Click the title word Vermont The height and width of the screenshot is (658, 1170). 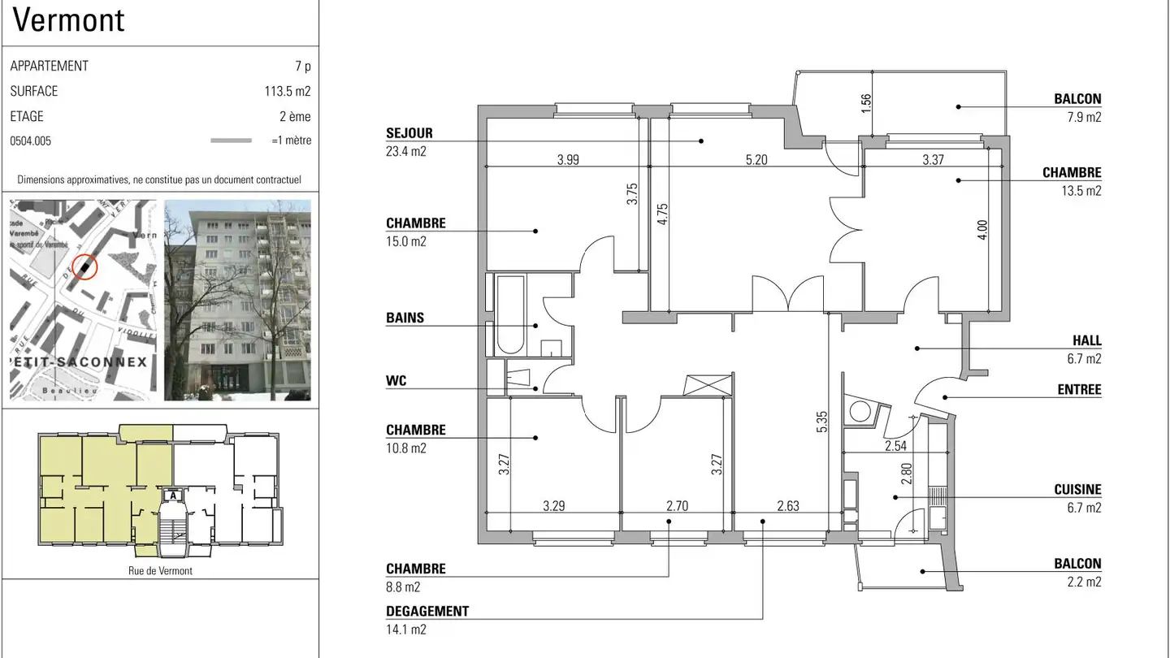tap(69, 20)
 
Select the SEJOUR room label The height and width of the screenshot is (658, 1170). tap(409, 133)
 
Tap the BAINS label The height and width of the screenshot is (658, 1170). tap(405, 318)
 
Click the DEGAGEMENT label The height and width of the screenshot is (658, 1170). tap(427, 612)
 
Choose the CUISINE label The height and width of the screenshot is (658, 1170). tap(1077, 490)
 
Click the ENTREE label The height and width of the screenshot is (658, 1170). tap(1079, 390)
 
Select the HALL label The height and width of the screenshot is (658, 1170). tap(1086, 341)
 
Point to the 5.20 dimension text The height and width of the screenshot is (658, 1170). tap(756, 160)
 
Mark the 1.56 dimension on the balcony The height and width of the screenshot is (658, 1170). tap(865, 103)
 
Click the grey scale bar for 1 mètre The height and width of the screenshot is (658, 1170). tap(231, 141)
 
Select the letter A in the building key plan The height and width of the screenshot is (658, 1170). tap(171, 494)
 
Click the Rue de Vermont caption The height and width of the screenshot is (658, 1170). tap(160, 570)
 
